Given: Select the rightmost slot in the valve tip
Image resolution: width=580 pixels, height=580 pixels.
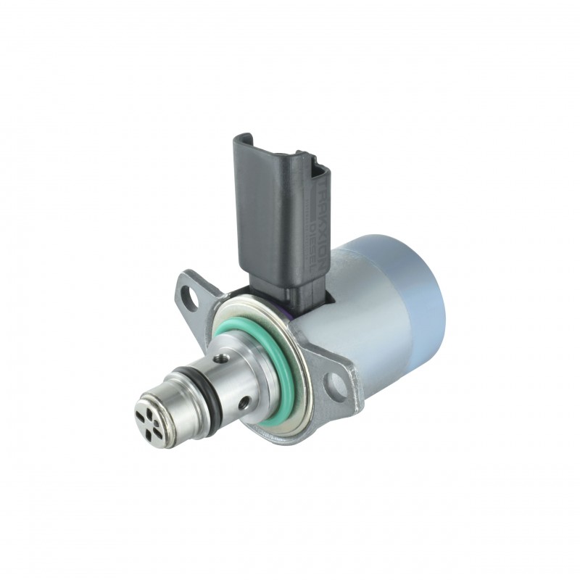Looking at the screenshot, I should [170, 420].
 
